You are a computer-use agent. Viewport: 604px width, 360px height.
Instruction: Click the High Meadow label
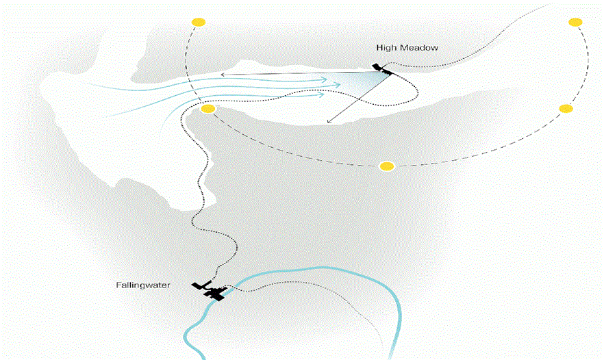point(407,48)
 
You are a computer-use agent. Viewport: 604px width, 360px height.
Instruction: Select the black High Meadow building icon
point(382,68)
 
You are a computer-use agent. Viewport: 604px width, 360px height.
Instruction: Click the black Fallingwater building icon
point(211,292)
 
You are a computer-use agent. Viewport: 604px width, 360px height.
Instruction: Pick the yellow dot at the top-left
point(199,22)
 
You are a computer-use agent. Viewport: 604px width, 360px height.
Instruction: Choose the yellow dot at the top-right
point(575,22)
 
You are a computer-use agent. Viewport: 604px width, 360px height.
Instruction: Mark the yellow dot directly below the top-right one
point(566,108)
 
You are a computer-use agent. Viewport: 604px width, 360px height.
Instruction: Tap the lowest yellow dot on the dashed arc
point(387,166)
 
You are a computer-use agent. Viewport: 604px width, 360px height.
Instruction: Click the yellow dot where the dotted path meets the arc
point(208,109)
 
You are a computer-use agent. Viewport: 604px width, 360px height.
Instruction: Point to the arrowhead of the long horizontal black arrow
point(221,74)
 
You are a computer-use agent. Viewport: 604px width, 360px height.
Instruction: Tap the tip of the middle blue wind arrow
point(340,86)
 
